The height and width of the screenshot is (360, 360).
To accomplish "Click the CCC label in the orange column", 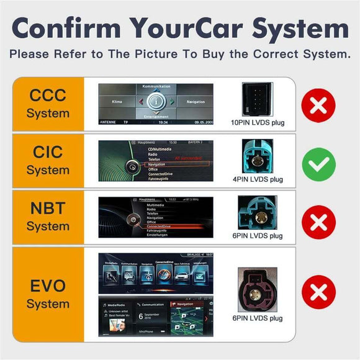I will click(x=48, y=104).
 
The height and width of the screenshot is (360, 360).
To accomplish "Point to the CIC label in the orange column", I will click(x=48, y=160).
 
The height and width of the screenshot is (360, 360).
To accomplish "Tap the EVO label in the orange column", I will click(x=48, y=294).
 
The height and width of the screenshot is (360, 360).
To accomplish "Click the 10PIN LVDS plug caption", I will click(x=258, y=123).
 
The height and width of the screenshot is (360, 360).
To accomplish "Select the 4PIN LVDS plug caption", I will click(x=258, y=180).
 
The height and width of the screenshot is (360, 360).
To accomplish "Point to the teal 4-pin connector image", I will click(x=258, y=156).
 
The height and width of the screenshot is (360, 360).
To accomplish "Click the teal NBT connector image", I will click(x=257, y=213).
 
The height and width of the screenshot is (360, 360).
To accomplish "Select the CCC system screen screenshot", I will click(x=156, y=104).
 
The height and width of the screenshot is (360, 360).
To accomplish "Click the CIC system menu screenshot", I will click(x=156, y=161).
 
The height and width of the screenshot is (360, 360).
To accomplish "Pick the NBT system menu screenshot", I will click(x=156, y=217).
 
